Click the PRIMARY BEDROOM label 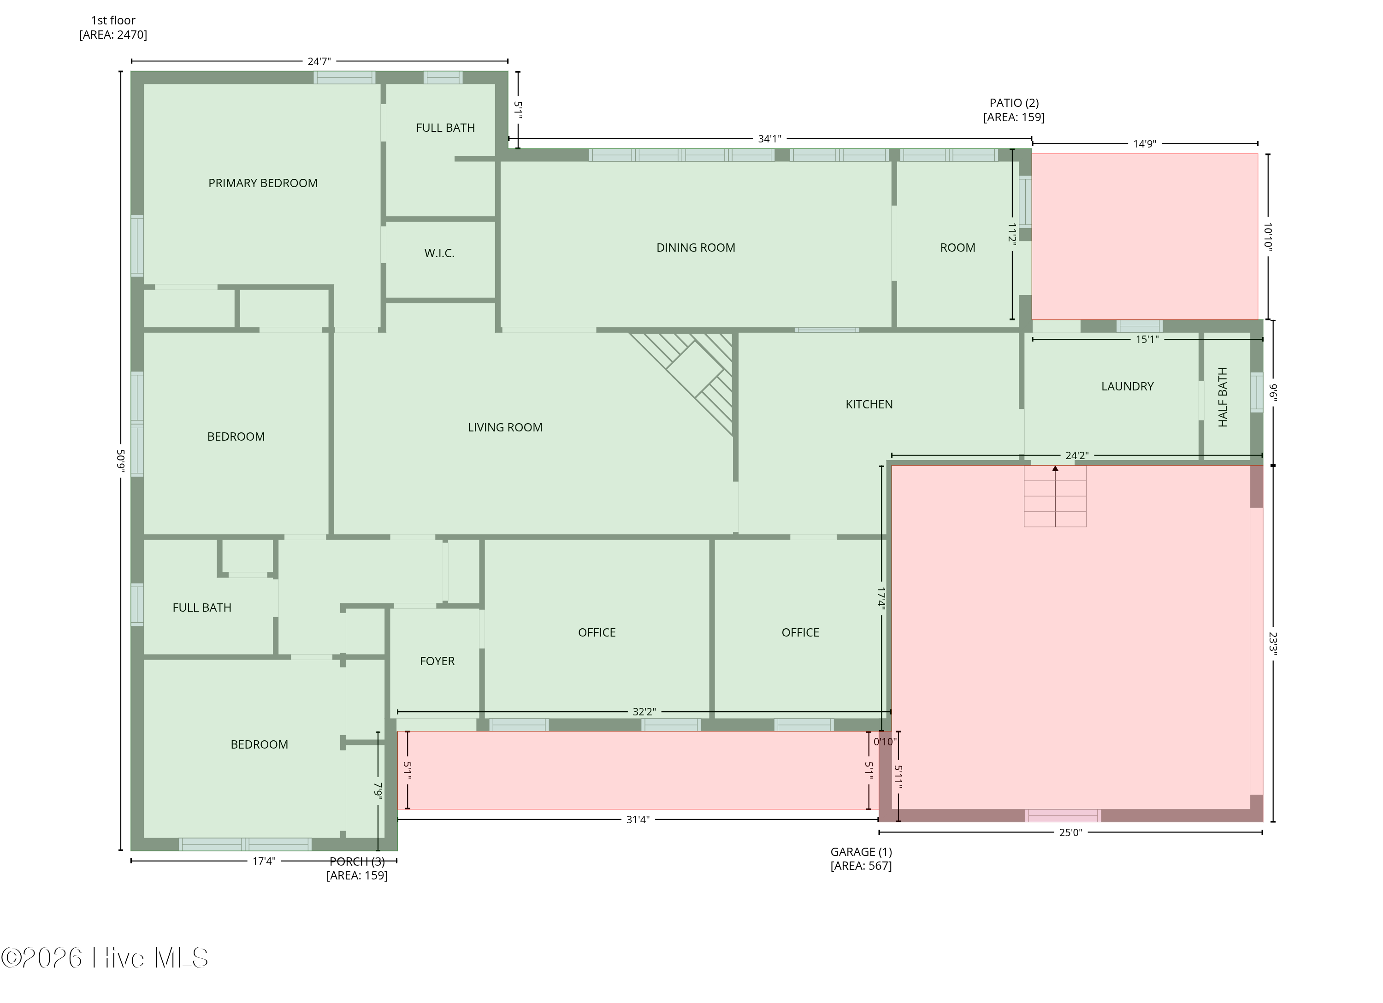(263, 183)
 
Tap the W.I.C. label (440, 253)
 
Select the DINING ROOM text (696, 248)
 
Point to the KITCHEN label (869, 404)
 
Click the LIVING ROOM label (505, 427)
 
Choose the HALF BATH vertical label (1223, 397)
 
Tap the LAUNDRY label (1128, 386)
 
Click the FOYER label (437, 661)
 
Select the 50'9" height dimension (121, 461)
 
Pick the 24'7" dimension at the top (319, 61)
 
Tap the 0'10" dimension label (885, 742)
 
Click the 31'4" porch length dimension (638, 820)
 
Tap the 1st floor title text (113, 20)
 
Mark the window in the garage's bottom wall (1063, 815)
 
